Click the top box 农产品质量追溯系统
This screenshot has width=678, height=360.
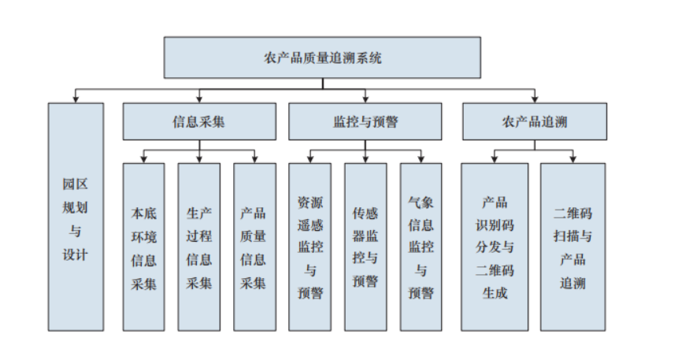pos(322,57)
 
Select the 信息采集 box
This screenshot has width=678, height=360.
pos(199,122)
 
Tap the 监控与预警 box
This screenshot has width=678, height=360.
pos(365,122)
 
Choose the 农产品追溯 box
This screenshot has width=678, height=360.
pos(534,122)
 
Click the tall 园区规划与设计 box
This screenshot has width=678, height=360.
pos(76,217)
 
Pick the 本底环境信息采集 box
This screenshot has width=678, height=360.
pos(144,247)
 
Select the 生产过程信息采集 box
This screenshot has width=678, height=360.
pos(199,247)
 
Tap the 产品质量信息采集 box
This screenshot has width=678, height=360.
pos(254,247)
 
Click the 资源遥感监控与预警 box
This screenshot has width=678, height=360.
pos(309,247)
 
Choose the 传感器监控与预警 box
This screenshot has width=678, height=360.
pos(365,247)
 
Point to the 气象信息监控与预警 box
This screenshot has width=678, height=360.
pos(421,247)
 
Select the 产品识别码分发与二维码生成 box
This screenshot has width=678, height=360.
pos(495,247)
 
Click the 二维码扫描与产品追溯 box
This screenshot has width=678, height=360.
pos(572,247)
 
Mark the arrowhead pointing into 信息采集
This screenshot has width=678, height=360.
pos(199,100)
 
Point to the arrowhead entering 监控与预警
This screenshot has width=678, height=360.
pos(365,100)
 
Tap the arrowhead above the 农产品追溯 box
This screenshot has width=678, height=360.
pos(534,100)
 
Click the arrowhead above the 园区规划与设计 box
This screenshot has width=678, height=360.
pos(76,100)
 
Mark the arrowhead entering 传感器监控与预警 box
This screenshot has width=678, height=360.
pos(365,160)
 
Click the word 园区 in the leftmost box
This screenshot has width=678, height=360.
pos(76,183)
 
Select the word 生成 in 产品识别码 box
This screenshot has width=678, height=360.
pos(495,293)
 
